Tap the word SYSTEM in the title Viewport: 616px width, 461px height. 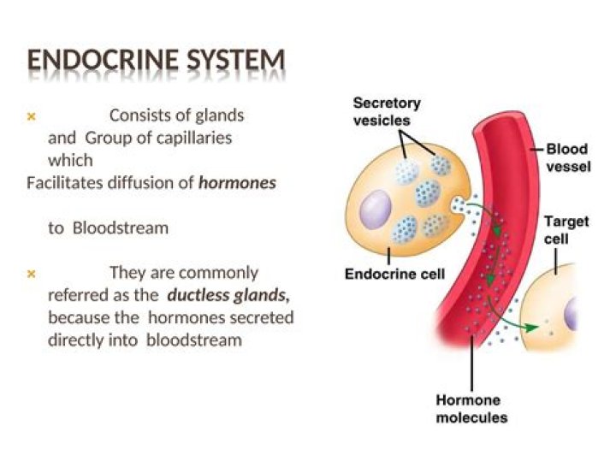(233, 61)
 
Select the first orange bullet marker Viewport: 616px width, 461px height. (32, 115)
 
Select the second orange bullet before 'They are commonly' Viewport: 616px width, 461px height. (32, 274)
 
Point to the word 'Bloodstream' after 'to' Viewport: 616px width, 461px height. (121, 228)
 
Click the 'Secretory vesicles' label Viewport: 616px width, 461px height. (387, 111)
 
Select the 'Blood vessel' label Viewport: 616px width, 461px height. (567, 158)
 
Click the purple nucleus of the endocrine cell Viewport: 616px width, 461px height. (375, 210)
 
